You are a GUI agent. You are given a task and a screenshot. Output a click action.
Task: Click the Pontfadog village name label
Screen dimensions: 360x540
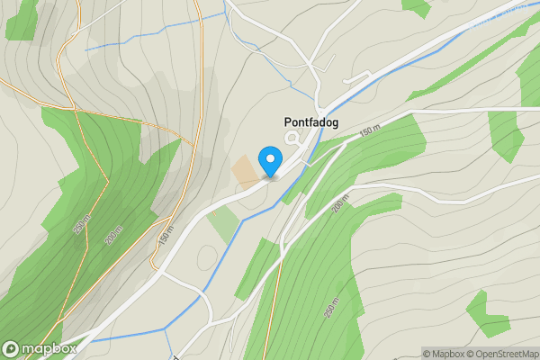click(305, 123)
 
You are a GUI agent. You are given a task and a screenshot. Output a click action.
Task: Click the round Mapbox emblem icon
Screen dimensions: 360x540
click(12, 348)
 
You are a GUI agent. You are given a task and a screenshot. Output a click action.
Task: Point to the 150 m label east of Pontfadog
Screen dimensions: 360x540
click(370, 131)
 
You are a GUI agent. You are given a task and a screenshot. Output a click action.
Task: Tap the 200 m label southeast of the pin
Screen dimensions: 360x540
click(338, 205)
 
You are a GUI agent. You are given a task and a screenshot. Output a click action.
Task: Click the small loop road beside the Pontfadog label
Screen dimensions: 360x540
click(292, 139)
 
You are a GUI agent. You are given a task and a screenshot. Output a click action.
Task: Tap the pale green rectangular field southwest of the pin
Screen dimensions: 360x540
click(222, 224)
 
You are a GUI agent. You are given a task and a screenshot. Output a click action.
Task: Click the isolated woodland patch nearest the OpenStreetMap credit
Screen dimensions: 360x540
click(486, 315)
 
